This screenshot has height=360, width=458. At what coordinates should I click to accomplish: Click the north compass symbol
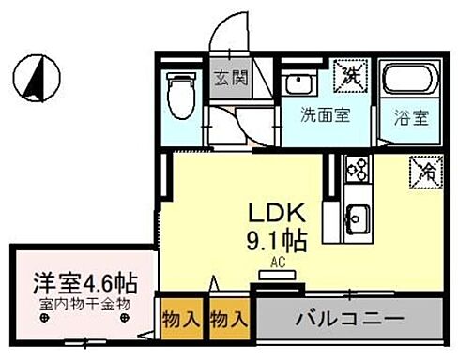point(37,78)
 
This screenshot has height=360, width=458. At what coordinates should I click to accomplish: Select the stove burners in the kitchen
point(357,168)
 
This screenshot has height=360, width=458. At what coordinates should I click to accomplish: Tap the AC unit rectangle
point(278,276)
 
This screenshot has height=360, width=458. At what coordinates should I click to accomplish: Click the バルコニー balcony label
point(349,319)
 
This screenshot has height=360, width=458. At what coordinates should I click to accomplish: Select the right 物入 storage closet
point(229,320)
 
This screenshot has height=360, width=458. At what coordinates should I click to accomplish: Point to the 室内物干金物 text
point(84,304)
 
